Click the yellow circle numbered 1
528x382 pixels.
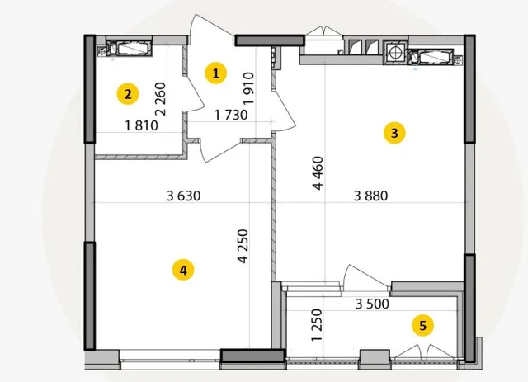tap(215, 73)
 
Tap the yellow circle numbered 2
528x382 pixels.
tap(128, 94)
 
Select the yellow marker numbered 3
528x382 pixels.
tap(394, 133)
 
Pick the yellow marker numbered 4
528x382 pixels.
tap(183, 270)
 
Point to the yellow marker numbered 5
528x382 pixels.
tap(423, 325)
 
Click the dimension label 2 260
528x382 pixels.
tap(162, 99)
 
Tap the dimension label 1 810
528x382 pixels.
tap(141, 125)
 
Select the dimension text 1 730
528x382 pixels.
tap(231, 115)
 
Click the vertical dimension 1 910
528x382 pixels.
tap(248, 87)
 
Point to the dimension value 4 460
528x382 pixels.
tap(318, 173)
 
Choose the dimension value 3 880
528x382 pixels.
tap(370, 196)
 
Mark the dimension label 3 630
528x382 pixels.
tap(183, 196)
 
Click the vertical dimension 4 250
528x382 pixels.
tap(243, 246)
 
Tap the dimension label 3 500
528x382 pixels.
tap(372, 304)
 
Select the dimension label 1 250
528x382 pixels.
tap(317, 325)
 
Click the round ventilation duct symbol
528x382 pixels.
tap(395, 52)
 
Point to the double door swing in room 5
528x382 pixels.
tap(423, 351)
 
